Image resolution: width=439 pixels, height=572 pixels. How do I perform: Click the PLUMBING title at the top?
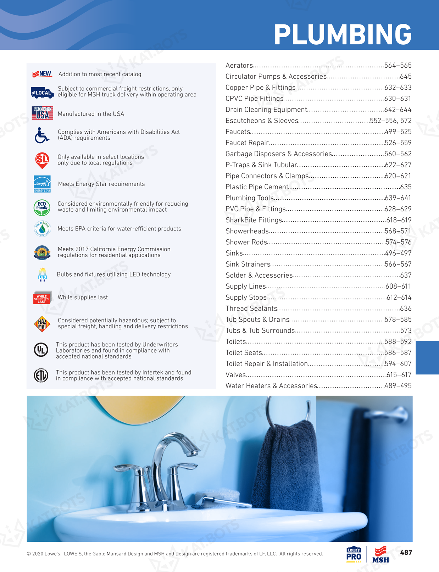[343, 35]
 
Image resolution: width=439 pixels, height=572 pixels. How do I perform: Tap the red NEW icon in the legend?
[42, 74]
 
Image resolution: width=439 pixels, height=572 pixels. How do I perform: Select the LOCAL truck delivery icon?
[42, 93]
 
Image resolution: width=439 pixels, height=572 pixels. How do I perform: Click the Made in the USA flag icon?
[42, 113]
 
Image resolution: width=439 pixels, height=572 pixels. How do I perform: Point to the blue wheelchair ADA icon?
[41, 135]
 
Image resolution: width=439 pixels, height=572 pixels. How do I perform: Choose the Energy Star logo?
[42, 184]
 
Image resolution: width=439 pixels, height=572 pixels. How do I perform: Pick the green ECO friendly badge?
[42, 207]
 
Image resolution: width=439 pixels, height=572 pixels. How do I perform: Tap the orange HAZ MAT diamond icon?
[42, 324]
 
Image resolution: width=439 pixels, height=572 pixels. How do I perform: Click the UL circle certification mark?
[41, 350]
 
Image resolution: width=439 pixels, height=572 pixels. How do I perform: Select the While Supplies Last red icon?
[42, 298]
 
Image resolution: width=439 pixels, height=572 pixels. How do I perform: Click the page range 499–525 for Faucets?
[398, 132]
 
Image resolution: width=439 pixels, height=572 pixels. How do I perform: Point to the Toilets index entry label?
[236, 341]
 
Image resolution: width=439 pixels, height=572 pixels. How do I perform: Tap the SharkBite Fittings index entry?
[254, 220]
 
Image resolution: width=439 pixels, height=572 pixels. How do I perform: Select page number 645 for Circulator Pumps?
[406, 77]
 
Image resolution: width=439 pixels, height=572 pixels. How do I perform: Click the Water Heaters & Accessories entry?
[271, 386]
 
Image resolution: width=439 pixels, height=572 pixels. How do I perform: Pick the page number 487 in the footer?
[406, 552]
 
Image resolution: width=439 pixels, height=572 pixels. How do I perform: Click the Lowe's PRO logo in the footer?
[354, 554]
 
